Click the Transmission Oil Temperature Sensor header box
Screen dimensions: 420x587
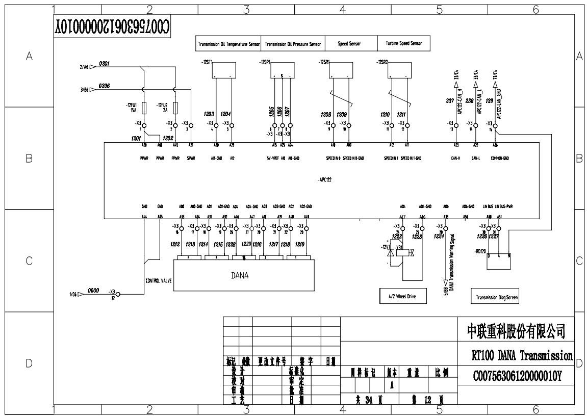click(x=229, y=44)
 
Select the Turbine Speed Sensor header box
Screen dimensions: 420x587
click(x=400, y=44)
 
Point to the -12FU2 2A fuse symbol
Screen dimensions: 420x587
click(x=175, y=108)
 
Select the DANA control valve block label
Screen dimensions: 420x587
click(x=239, y=276)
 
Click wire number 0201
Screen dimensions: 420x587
click(x=105, y=64)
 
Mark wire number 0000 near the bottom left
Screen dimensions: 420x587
click(x=93, y=290)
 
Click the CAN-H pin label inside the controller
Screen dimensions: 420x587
click(x=455, y=159)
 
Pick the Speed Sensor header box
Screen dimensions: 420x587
click(x=349, y=44)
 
